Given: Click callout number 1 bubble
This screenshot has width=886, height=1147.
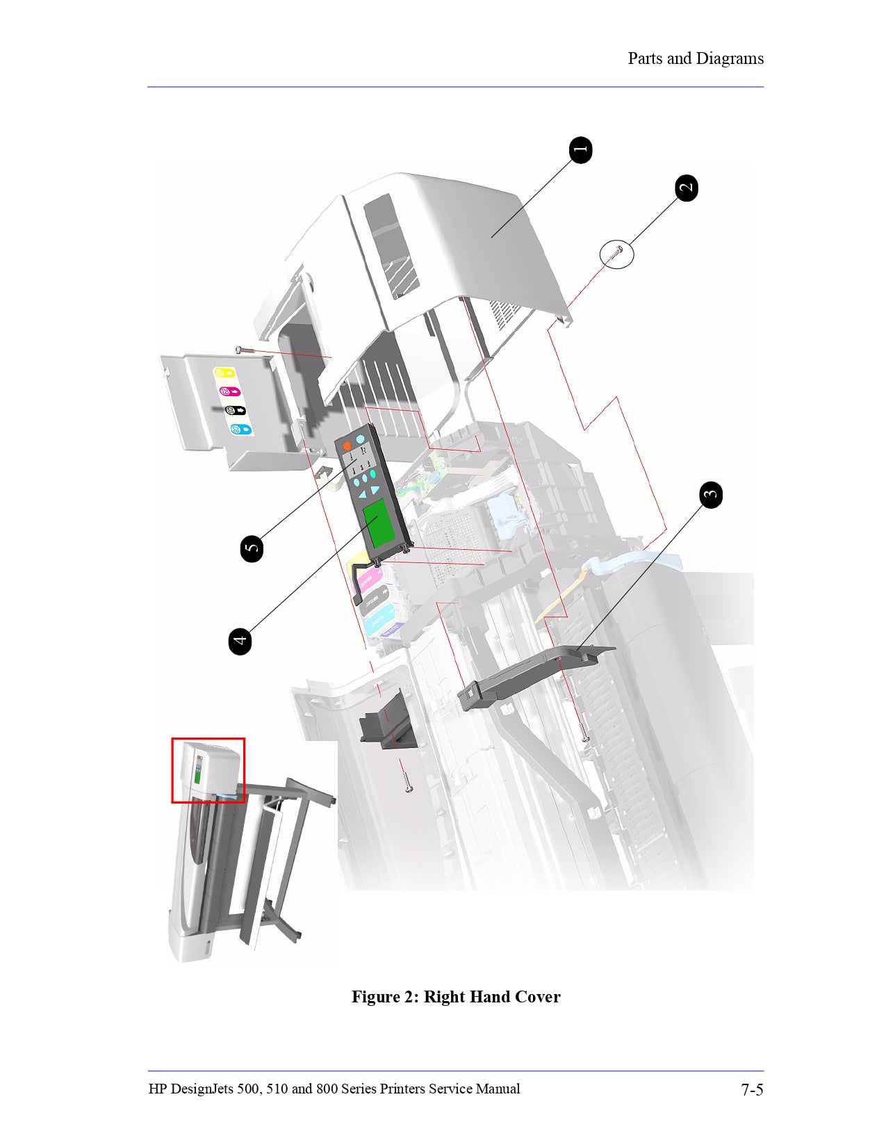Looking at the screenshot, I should (x=580, y=149).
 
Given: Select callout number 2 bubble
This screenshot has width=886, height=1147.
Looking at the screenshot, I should (x=687, y=188).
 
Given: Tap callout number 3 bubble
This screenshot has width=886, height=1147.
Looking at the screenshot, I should (x=710, y=495).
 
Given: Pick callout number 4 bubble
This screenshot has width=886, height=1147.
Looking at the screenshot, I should (x=240, y=640).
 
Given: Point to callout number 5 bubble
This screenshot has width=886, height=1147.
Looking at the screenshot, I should (x=252, y=548).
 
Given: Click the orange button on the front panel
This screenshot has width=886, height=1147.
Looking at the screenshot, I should (x=347, y=446).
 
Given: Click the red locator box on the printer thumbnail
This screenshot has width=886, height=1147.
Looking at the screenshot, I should (x=208, y=770).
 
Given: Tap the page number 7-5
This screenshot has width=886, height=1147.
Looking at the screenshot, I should (x=751, y=1089).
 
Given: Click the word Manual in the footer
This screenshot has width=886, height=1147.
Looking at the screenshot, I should (x=498, y=1089).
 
